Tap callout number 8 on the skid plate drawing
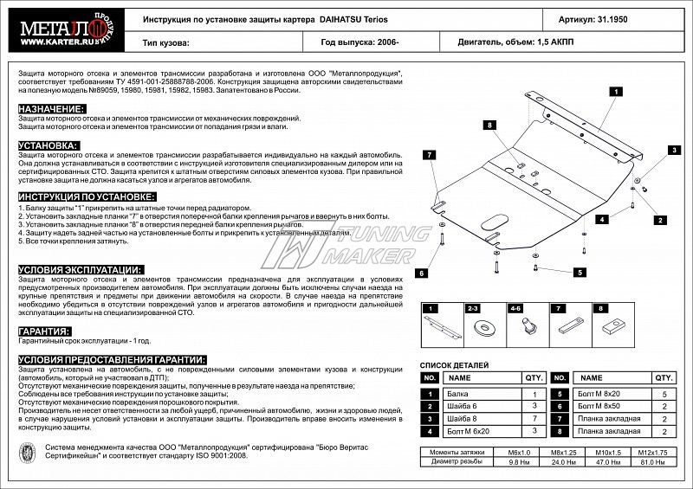point(489,125)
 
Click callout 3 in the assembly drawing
point(673,151)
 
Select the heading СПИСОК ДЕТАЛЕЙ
point(454,366)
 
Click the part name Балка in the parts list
point(455,393)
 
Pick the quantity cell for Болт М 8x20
point(663,393)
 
